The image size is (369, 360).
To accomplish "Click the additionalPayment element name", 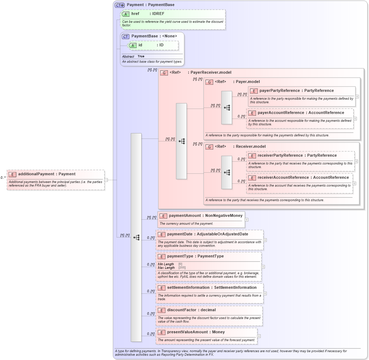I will (36, 174).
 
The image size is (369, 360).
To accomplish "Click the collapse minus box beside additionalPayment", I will (106, 180).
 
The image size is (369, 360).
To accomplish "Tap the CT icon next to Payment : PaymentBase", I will (119, 5).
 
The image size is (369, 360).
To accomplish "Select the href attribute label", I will (135, 14).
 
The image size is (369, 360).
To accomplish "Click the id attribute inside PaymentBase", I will (140, 45).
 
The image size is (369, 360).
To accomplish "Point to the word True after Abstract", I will (141, 56).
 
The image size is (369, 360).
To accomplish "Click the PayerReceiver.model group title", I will (211, 72).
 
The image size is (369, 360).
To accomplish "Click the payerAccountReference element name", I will (281, 113).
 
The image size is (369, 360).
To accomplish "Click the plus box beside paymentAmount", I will (247, 220).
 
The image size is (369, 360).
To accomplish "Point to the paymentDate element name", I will (180, 234).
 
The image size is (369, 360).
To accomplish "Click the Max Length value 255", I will (182, 267).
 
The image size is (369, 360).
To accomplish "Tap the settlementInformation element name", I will (188, 287).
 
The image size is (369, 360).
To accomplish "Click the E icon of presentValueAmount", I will (161, 332).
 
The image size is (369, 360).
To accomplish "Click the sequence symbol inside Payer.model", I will (227, 108).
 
